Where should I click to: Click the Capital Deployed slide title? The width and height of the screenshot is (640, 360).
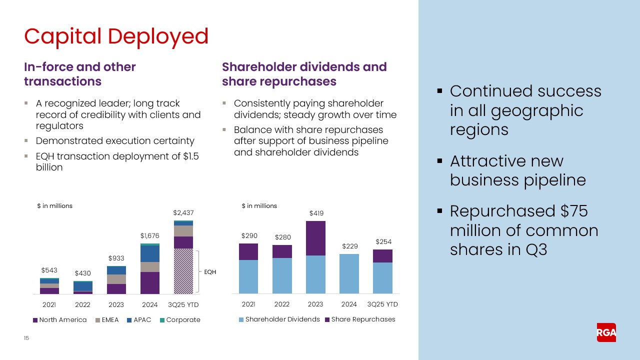pos(116,36)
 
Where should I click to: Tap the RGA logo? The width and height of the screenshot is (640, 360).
pos(606,332)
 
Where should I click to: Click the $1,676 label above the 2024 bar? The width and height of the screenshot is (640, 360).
pos(149,235)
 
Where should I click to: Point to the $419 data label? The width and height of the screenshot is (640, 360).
pos(315,213)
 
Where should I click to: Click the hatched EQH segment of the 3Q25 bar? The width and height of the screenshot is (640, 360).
pos(183,271)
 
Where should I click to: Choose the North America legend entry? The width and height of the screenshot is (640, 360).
pos(59,320)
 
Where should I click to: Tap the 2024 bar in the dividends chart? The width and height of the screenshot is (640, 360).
pos(349,273)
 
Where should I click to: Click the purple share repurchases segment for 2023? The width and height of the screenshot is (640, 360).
pos(315,238)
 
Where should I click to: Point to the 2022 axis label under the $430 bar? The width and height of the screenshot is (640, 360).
pos(82,304)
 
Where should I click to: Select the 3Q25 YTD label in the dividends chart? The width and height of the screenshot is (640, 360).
pos(382,304)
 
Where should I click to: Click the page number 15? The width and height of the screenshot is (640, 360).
pos(26,338)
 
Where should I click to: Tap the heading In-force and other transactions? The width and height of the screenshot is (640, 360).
pos(80,74)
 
